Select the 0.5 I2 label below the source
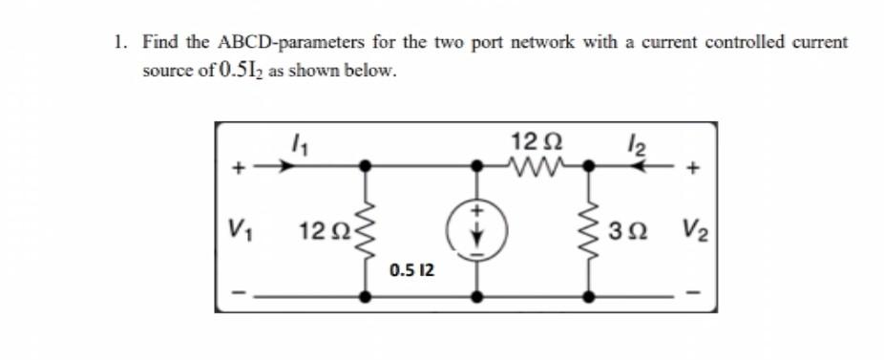412,272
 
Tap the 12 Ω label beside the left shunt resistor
316,231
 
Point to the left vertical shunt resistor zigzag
364,231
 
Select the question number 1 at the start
117,43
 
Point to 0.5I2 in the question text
222,72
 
